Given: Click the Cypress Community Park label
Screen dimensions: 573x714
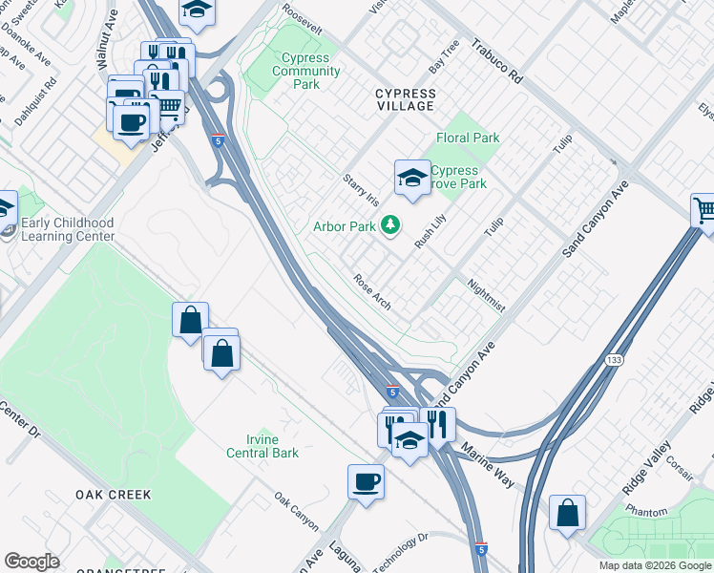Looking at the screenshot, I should (306, 71).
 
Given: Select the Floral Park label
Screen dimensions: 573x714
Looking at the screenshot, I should (468, 138).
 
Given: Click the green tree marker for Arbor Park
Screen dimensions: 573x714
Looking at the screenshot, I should (389, 225).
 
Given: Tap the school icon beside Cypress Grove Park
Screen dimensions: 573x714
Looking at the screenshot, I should (412, 178).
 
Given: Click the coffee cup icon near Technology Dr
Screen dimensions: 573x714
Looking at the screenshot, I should (367, 480).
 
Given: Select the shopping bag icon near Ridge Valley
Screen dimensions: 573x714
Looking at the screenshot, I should (568, 512).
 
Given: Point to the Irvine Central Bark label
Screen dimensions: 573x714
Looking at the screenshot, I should (262, 446).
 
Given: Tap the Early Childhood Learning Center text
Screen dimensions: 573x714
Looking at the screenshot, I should (68, 229).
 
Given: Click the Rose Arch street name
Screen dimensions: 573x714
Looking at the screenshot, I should (372, 292).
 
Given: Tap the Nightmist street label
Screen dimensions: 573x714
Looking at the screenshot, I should (486, 295).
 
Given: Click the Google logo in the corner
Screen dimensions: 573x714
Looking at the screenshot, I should (32, 561).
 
